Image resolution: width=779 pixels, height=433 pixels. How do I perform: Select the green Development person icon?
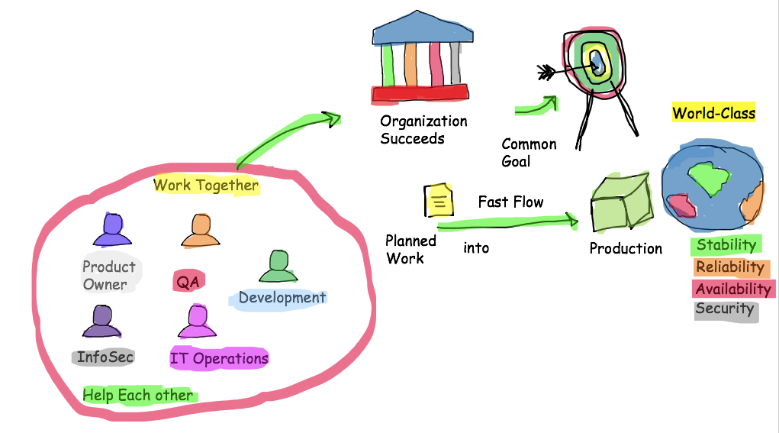[277, 267]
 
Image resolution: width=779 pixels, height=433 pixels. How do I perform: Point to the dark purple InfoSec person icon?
[102, 322]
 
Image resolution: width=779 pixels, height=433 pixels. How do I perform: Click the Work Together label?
[206, 185]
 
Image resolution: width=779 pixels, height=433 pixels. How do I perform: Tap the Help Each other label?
[138, 395]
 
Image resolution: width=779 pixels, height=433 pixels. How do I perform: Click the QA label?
[188, 282]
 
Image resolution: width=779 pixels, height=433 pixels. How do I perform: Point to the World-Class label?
[713, 114]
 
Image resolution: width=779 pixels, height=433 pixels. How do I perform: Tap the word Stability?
[726, 245]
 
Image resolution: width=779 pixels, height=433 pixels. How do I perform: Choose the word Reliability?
[730, 267]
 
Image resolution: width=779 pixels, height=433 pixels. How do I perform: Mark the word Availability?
[733, 289]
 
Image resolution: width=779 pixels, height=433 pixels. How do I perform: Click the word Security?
[725, 309]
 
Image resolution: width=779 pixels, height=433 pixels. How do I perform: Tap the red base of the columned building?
[420, 94]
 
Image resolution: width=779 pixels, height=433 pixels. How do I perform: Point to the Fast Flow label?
[510, 202]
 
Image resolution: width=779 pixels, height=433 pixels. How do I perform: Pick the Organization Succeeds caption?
[423, 129]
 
